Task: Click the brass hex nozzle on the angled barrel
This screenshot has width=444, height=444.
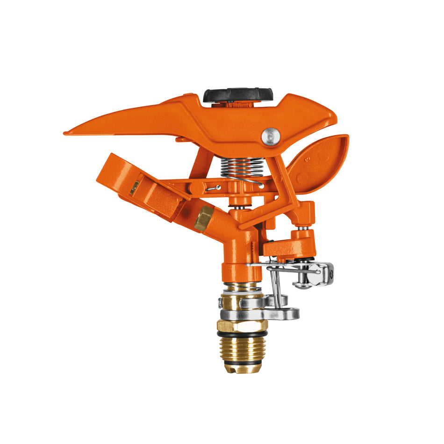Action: [203, 218]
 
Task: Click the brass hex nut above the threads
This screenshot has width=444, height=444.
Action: [242, 325]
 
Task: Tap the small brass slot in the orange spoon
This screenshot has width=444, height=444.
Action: [134, 188]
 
